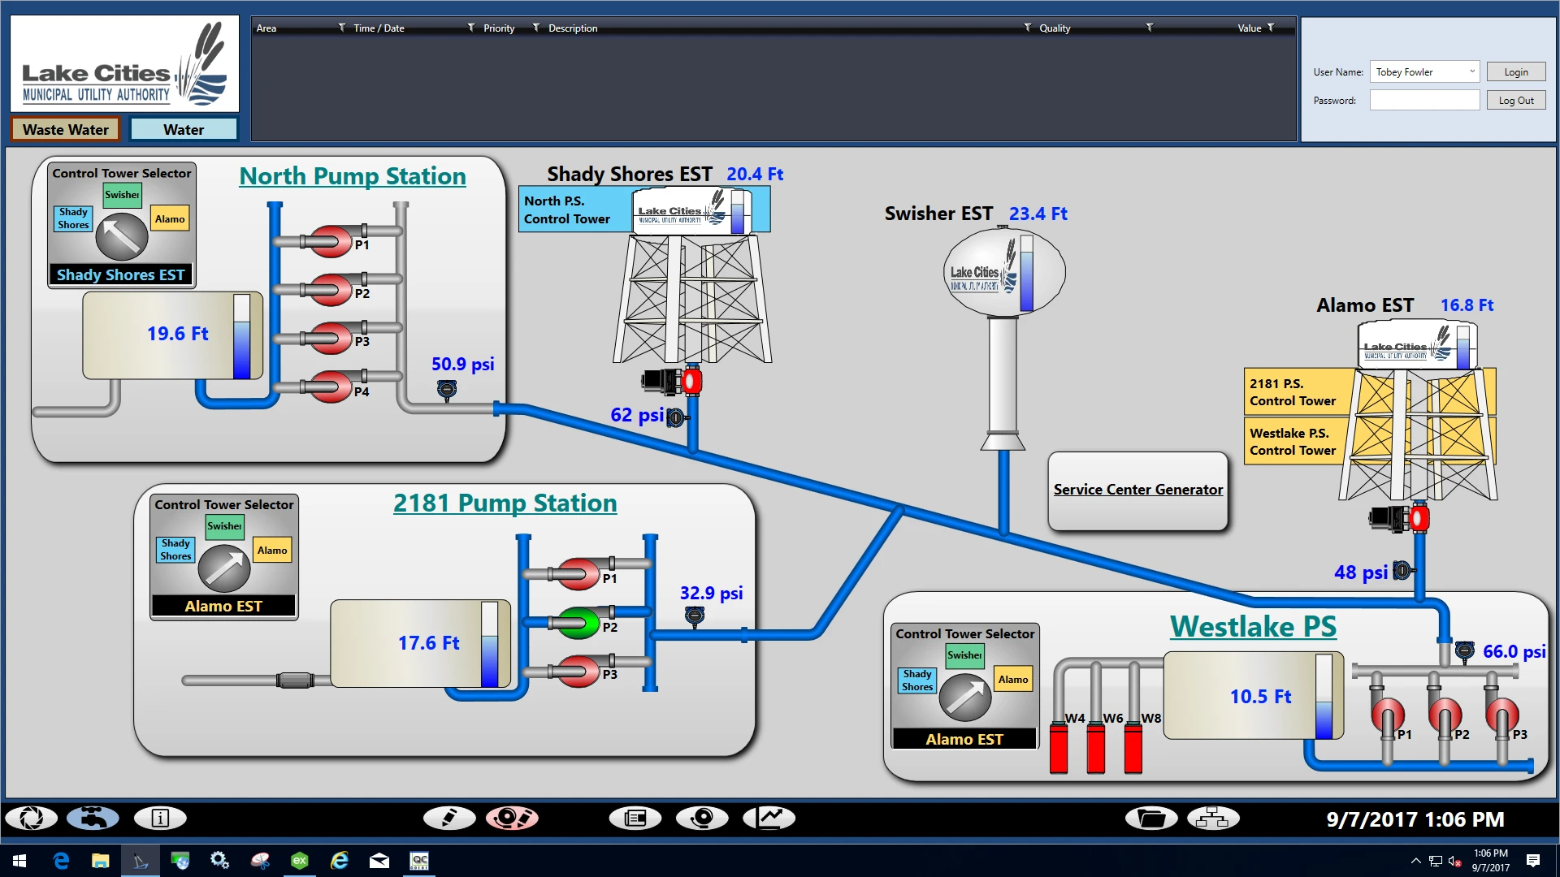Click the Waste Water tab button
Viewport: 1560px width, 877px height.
click(66, 130)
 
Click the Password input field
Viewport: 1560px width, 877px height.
click(1423, 101)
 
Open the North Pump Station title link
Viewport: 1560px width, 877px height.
click(352, 176)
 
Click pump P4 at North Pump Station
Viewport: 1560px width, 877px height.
click(330, 387)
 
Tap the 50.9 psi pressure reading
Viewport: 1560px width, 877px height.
click(462, 364)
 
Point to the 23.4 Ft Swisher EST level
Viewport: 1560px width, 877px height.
click(1038, 214)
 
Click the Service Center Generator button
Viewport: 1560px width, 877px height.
click(1137, 490)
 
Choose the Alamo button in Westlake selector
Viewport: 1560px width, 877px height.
click(1013, 680)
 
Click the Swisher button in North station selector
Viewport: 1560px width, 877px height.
click(122, 195)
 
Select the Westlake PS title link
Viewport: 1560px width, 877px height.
click(1253, 627)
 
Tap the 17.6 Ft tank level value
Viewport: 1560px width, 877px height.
click(428, 643)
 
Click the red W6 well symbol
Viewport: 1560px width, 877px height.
click(1095, 748)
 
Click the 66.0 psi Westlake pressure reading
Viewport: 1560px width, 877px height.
click(1514, 651)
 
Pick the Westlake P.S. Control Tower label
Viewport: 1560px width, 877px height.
click(1292, 442)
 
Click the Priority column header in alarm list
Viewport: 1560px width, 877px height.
click(499, 28)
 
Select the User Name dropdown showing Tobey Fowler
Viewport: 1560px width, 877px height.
click(1423, 72)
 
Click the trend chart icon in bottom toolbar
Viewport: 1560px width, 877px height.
click(769, 818)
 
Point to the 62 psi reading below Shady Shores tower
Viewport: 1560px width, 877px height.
click(636, 415)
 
